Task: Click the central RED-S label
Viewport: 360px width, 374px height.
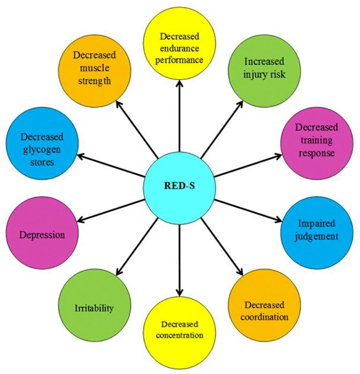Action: coord(179,186)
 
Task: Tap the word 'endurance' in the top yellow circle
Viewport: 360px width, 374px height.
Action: coord(179,48)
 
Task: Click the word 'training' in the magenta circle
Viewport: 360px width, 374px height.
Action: coord(317,140)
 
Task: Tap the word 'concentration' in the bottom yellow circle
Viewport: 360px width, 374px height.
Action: coord(179,335)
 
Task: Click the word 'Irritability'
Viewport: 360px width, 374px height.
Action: coord(94,308)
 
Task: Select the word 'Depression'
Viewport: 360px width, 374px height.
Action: coord(42,234)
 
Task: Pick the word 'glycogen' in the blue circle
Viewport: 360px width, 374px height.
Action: coord(42,149)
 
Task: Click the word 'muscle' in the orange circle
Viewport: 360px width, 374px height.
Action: coord(94,68)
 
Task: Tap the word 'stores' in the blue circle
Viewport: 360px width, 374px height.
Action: coord(42,161)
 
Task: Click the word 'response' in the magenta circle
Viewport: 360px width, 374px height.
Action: coord(317,153)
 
